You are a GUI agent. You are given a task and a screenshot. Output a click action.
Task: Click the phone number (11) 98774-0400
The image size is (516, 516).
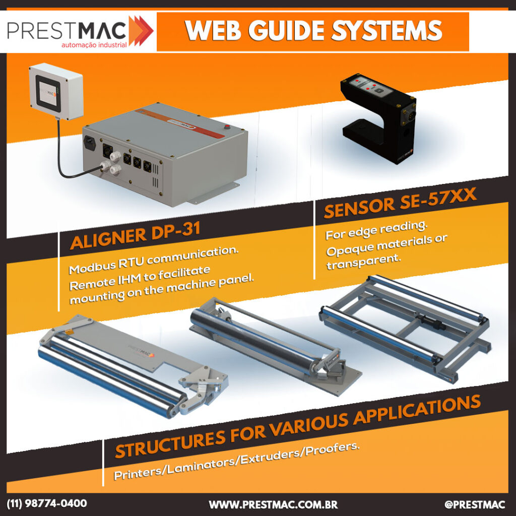[x=47, y=503]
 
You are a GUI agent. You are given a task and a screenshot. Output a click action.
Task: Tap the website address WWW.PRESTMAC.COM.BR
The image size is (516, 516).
[x=273, y=504]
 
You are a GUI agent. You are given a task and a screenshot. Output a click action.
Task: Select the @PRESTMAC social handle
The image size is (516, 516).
[x=475, y=504]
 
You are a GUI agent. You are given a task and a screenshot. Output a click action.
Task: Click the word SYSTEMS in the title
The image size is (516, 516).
[x=386, y=31]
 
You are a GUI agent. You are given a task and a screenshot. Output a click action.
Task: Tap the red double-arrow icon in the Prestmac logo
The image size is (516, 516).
[x=141, y=31]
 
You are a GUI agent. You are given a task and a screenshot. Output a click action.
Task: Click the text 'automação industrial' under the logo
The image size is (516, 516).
[x=94, y=45]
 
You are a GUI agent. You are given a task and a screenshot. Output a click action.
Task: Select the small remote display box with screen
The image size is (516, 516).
[x=56, y=92]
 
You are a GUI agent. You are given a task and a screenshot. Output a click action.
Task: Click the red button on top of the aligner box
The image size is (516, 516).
[x=227, y=126]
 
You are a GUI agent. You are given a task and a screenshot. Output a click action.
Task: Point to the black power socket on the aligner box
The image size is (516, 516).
[x=90, y=143]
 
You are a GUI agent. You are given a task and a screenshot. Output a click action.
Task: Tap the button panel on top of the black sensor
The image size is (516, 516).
[x=371, y=86]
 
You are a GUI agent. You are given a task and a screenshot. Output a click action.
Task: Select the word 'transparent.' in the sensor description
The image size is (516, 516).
[x=364, y=262]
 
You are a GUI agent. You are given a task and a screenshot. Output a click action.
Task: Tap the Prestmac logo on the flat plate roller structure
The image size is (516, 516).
[x=141, y=351]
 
